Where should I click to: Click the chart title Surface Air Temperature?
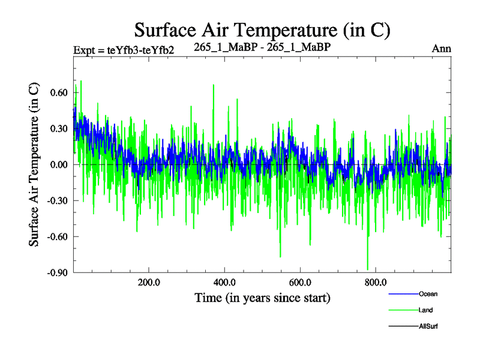coord(262,29)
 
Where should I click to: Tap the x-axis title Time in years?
coord(262,298)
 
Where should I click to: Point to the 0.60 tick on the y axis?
coord(58,93)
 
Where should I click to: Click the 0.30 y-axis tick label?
coord(58,128)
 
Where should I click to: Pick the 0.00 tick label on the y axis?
coord(58,164)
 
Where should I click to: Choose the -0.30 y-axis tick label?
coord(57,200)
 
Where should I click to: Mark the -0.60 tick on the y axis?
coord(57,236)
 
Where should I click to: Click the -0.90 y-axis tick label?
coord(57,272)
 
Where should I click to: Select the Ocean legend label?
coord(428,293)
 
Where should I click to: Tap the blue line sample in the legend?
coord(403,294)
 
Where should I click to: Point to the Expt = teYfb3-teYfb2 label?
coord(123,50)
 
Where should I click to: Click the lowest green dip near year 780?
coord(367,269)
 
